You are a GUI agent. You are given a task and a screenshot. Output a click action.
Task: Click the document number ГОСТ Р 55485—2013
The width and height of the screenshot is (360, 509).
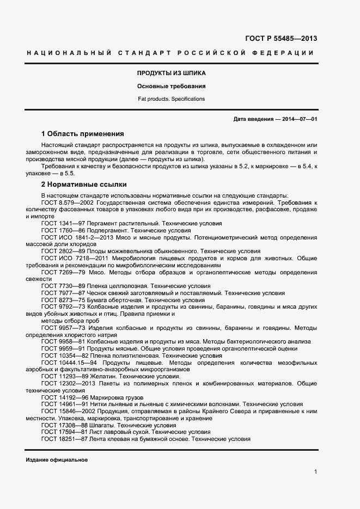[282, 39]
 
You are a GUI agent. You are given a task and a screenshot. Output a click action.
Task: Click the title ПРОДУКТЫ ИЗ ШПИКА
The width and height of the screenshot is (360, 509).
[171, 73]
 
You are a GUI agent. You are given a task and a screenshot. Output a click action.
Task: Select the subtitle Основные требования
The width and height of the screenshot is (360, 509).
[171, 86]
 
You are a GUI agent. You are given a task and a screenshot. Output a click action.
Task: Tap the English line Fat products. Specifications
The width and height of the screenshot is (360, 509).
[171, 99]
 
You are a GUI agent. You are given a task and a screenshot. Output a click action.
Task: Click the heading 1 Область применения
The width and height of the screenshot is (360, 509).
[83, 133]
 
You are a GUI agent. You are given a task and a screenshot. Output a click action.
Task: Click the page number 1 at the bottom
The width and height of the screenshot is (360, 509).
[315, 472]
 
